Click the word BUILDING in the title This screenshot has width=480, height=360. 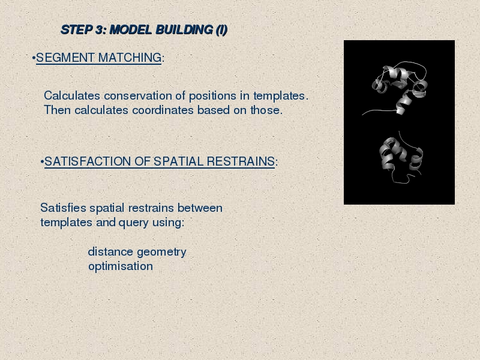184,29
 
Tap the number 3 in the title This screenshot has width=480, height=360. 100,29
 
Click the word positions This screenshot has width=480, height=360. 212,97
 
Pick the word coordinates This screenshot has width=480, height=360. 163,110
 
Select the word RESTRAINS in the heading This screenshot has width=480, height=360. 241,161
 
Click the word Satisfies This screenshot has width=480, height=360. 63,208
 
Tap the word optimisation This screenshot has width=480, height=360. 121,266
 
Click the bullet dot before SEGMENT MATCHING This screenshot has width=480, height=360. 34,58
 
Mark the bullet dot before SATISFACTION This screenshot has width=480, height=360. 42,161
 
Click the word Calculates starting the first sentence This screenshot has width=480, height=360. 72,95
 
